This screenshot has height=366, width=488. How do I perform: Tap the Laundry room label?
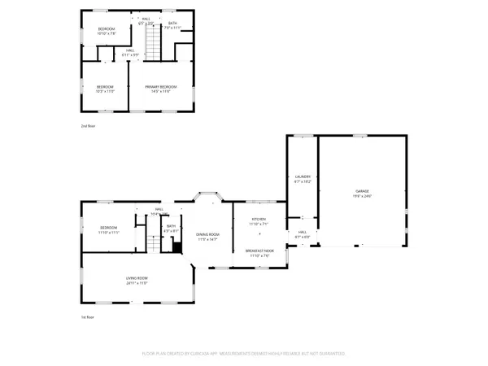click(303, 176)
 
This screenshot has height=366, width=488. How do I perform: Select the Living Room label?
click(136, 278)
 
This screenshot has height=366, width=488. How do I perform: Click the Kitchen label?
click(259, 219)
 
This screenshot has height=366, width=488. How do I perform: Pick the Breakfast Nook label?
click(259, 251)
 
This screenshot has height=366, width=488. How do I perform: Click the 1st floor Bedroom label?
click(109, 227)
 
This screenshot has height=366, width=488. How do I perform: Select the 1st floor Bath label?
click(170, 227)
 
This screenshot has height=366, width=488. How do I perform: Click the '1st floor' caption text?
click(87, 316)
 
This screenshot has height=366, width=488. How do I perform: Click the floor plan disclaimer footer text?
click(244, 354)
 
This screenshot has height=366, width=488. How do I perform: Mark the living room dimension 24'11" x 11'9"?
click(136, 283)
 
